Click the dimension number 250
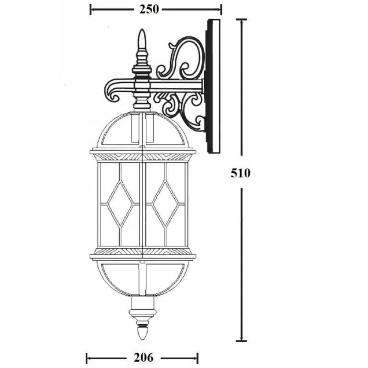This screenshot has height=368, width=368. (x=149, y=9)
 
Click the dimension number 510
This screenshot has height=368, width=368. (x=241, y=173)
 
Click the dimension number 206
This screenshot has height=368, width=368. (x=144, y=358)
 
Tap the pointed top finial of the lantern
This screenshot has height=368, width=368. (x=142, y=39)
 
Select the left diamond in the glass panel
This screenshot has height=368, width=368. (x=120, y=204)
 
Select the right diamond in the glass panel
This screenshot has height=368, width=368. (x=165, y=204)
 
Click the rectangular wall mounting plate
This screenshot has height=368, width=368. (x=213, y=86)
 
